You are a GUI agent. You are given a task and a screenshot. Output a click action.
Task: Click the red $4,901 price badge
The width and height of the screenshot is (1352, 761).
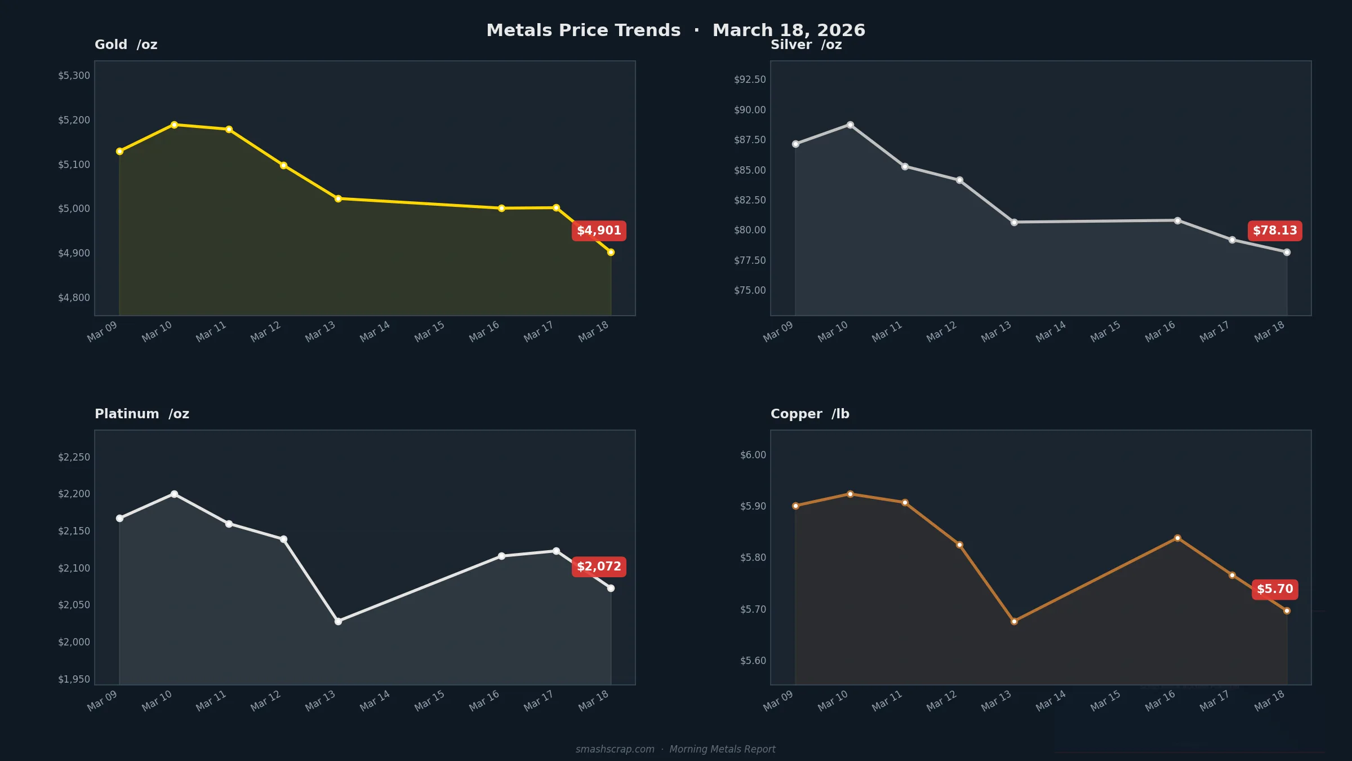(x=599, y=231)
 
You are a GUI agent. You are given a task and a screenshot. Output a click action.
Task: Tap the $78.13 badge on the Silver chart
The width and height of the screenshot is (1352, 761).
(x=1275, y=231)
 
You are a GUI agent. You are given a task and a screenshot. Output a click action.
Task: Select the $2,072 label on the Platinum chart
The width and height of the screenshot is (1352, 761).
(x=599, y=567)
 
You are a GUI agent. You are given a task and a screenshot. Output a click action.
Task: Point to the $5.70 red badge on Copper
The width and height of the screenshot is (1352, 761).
(x=1275, y=589)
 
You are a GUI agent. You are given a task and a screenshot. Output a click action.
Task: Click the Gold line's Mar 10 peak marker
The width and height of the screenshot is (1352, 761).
(x=174, y=125)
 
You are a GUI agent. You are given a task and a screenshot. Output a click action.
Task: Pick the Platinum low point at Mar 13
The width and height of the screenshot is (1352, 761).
(x=338, y=621)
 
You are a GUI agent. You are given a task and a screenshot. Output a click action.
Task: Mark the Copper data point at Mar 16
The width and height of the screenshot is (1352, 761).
(x=1177, y=538)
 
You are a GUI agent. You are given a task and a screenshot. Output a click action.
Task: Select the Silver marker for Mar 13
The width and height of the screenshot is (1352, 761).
(x=1014, y=222)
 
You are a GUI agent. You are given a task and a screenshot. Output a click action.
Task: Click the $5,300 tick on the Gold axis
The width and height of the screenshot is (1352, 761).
(x=74, y=76)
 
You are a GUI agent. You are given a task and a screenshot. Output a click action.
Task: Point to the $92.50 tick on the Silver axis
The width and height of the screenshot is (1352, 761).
(x=750, y=79)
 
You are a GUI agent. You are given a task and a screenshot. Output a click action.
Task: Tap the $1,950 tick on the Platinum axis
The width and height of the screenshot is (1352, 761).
(x=74, y=679)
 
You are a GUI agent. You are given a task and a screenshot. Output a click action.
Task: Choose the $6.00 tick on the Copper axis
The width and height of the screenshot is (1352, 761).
(x=753, y=455)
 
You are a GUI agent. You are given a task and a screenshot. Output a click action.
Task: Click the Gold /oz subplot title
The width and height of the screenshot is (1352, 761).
(x=126, y=45)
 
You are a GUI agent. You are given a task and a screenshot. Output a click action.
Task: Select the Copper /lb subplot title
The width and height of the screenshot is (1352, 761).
(x=810, y=414)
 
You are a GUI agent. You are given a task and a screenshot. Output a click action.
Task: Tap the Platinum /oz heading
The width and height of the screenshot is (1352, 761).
(x=141, y=414)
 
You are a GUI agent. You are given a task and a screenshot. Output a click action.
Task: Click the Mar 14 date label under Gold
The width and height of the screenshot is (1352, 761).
(x=375, y=331)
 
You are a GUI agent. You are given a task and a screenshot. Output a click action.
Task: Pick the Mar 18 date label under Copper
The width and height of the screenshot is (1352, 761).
(x=1270, y=701)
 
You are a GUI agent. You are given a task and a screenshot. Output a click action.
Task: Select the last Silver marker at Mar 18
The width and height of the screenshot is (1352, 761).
(x=1287, y=252)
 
